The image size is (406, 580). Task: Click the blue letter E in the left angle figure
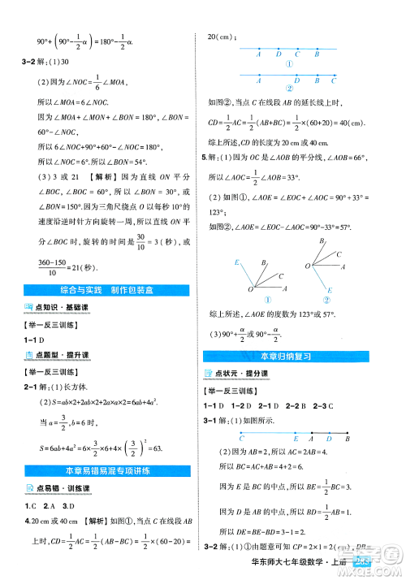click(x=236, y=262)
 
